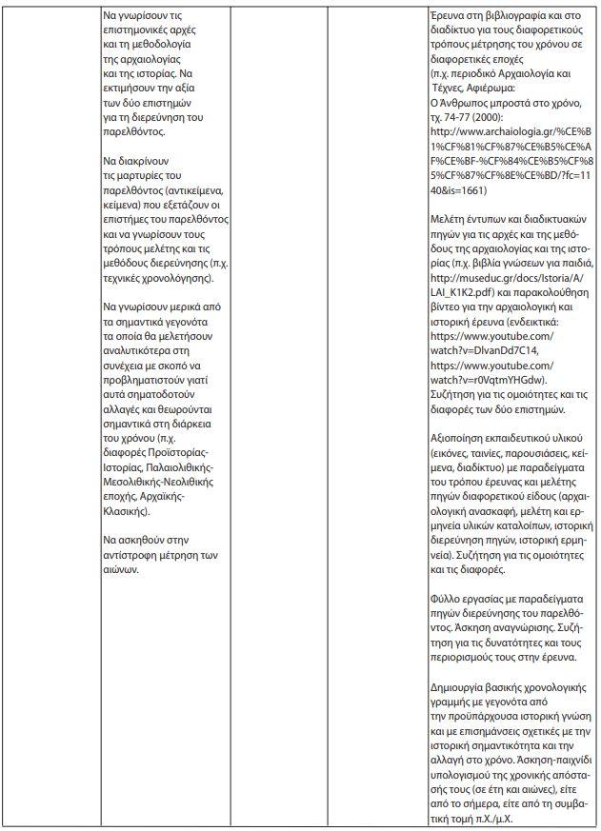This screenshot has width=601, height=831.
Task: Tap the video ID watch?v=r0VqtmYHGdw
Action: (x=485, y=379)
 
